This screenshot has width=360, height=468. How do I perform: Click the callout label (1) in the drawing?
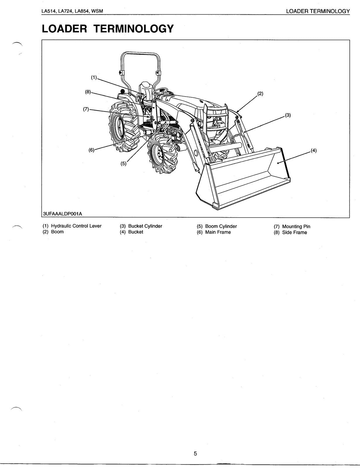(x=94, y=78)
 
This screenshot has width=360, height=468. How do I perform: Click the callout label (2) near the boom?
(x=260, y=94)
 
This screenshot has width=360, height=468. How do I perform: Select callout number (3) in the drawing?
(x=288, y=115)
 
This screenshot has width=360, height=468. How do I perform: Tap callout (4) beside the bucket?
(x=313, y=151)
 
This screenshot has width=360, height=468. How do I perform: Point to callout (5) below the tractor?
(x=123, y=164)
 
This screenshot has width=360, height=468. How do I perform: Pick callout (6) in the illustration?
(x=92, y=150)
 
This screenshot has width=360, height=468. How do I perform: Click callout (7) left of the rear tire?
(x=86, y=109)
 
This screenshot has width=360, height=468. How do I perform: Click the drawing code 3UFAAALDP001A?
(x=62, y=214)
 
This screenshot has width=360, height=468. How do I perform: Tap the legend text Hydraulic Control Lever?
(x=76, y=226)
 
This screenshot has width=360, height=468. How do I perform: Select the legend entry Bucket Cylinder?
(x=145, y=226)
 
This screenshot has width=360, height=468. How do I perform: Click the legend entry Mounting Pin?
(x=296, y=226)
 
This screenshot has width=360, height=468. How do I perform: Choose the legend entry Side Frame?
(x=294, y=233)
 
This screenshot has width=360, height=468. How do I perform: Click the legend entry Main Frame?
(x=218, y=232)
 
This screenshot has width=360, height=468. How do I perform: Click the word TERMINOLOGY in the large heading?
(x=133, y=29)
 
